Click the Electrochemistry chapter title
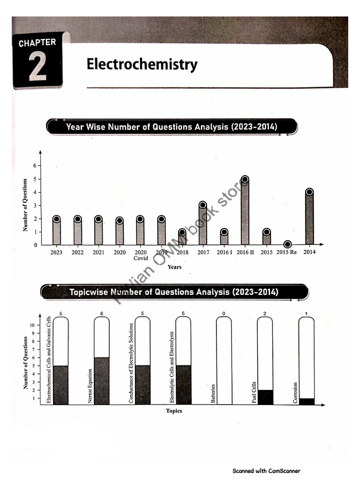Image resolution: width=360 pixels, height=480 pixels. pyautogui.click(x=142, y=65)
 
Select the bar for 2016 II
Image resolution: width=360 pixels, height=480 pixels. pyautogui.click(x=245, y=213)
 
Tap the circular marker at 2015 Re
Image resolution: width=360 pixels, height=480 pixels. pyautogui.click(x=287, y=244)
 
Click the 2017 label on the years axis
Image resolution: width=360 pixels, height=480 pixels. pyautogui.click(x=203, y=252)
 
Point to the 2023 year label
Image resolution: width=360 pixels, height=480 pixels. pyautogui.click(x=56, y=252)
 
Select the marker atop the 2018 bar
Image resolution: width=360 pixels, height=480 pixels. pyautogui.click(x=182, y=232)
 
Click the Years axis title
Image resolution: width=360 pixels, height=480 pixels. pyautogui.click(x=174, y=267)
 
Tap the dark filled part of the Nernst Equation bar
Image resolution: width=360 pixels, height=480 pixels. pyautogui.click(x=102, y=381)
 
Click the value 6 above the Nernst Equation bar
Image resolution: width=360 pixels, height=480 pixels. pyautogui.click(x=102, y=313)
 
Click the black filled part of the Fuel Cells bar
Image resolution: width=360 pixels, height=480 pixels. pyautogui.click(x=265, y=397)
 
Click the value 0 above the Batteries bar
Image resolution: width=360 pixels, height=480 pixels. pyautogui.click(x=224, y=313)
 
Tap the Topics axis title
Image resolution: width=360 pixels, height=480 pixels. pyautogui.click(x=174, y=411)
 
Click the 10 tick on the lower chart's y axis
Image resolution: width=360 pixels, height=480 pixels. pyautogui.click(x=32, y=325)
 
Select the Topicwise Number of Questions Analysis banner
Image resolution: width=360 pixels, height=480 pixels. pyautogui.click(x=174, y=292)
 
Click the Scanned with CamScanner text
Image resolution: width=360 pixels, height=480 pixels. pyautogui.click(x=266, y=471)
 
